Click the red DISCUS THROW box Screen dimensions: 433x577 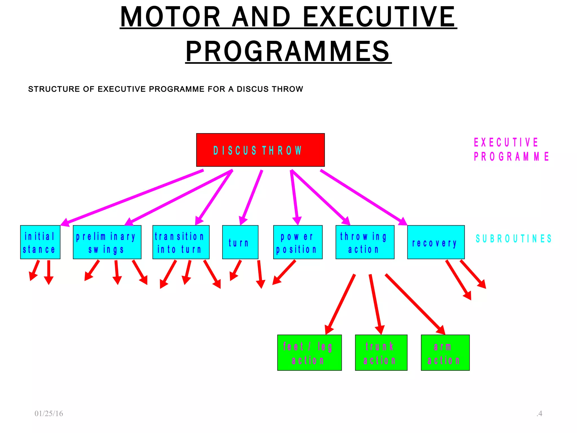click(x=260, y=150)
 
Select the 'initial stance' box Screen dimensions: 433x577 click(x=40, y=242)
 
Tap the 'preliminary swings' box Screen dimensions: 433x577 click(x=107, y=242)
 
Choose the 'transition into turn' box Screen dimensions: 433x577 click(x=181, y=242)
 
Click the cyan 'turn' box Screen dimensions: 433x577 click(x=240, y=242)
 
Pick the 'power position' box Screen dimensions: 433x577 click(x=298, y=242)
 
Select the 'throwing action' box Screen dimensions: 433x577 click(x=365, y=242)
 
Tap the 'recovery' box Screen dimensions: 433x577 click(x=436, y=242)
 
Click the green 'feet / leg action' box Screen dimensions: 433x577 click(x=309, y=353)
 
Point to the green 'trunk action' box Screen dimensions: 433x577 click(x=381, y=353)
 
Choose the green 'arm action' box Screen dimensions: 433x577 click(x=445, y=353)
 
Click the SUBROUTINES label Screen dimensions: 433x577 click(x=513, y=239)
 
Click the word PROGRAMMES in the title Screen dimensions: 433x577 click(x=288, y=51)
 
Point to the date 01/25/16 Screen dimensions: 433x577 click(x=49, y=414)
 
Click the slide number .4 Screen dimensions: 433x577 click(x=539, y=414)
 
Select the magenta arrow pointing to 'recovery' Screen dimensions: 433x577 click(x=363, y=197)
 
